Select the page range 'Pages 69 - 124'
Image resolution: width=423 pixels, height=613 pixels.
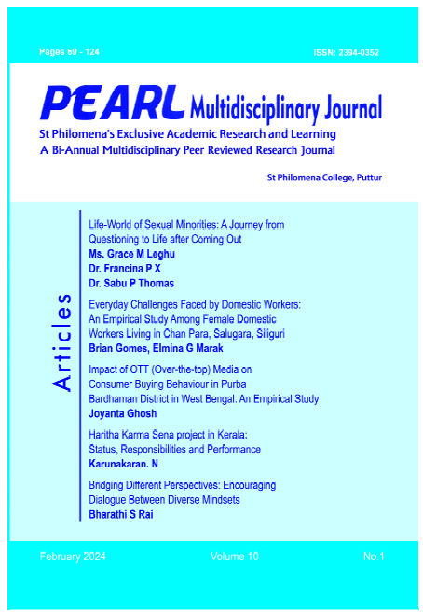click(69, 52)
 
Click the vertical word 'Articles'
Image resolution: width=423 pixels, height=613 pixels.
click(62, 344)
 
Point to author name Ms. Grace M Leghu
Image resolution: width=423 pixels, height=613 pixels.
click(130, 251)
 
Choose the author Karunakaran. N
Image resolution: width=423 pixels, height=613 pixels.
click(128, 463)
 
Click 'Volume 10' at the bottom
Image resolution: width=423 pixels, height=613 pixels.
click(237, 556)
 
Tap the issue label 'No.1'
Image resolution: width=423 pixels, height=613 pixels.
click(375, 556)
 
